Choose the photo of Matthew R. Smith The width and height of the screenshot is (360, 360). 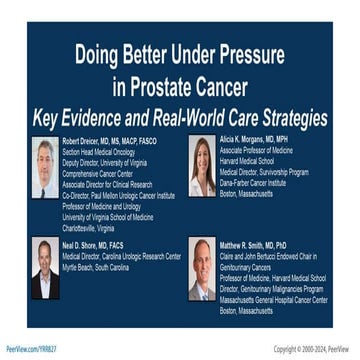coord(202,268)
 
